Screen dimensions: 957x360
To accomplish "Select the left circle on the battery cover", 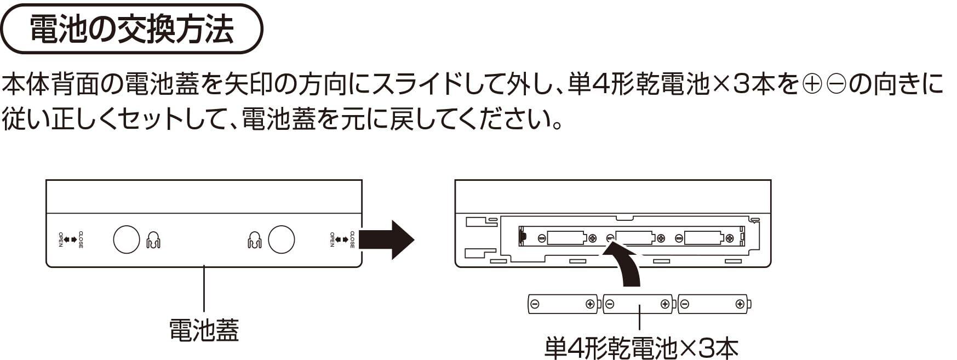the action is click(x=127, y=239).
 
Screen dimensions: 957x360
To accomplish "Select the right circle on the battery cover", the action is click(x=281, y=239).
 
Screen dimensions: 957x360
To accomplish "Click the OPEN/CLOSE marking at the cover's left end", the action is click(x=71, y=239).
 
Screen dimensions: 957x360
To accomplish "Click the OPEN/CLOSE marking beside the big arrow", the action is click(x=342, y=239).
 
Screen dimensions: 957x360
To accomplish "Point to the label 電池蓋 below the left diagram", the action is click(x=204, y=330).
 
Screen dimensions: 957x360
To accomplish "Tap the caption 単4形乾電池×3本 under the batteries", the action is click(x=641, y=347).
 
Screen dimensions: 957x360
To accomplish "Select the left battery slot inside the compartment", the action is click(x=568, y=238).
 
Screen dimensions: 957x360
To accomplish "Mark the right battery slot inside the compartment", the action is click(x=704, y=238).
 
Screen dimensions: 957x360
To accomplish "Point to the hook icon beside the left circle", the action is click(x=153, y=240).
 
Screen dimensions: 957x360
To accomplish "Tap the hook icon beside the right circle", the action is click(x=254, y=240).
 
